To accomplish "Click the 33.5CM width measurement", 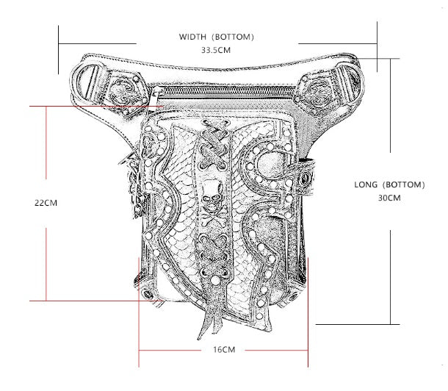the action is click(216, 50).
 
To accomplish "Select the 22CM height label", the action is click(46, 203).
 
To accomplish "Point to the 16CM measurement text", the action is click(224, 350).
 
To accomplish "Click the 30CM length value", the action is click(389, 198).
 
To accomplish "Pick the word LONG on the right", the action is click(366, 184).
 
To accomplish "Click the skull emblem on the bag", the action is click(212, 194).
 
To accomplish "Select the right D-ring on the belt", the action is click(350, 82).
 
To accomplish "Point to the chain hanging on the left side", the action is click(134, 186).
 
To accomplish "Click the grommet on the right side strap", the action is click(305, 179).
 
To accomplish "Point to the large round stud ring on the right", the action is click(270, 165).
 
